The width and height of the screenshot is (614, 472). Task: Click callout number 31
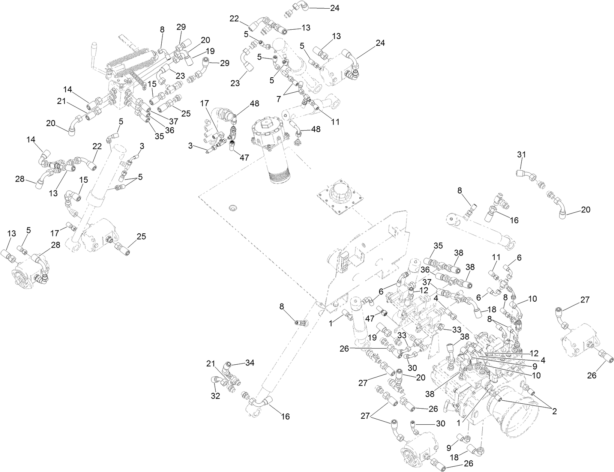[x=521, y=154]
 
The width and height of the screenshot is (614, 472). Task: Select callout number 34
[x=250, y=363]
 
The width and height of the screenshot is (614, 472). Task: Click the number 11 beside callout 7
[x=335, y=122]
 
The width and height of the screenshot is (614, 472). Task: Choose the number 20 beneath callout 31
[x=585, y=210]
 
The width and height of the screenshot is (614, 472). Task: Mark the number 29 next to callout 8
[x=182, y=27]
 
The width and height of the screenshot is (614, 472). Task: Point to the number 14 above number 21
[x=67, y=90]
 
